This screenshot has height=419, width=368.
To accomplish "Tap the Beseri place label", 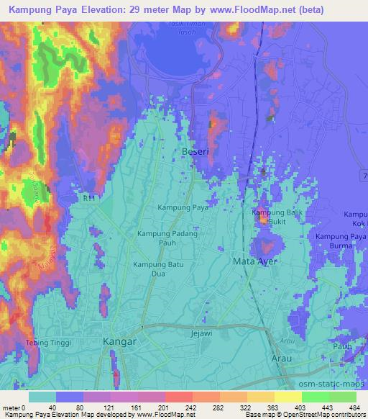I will (x=190, y=152).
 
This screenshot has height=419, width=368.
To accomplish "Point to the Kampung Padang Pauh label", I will (x=167, y=238).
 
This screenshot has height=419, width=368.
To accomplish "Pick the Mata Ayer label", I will (x=254, y=261).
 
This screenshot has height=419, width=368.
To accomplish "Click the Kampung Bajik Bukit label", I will (x=273, y=217).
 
